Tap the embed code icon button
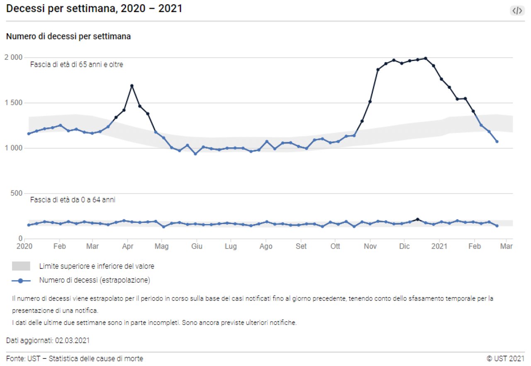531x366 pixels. [517, 11]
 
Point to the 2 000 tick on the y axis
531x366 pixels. [14, 57]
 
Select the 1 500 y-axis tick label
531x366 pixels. [14, 103]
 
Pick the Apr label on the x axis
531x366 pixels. [128, 246]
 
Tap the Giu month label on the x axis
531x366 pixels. [197, 246]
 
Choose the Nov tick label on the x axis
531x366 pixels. [370, 246]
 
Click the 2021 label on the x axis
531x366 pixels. [439, 246]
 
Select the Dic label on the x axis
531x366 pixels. [404, 246]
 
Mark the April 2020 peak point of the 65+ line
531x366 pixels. [132, 86]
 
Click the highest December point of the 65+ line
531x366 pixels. [426, 59]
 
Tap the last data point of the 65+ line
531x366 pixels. [497, 142]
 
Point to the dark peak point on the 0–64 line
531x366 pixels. [418, 219]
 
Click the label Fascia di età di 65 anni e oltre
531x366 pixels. [77, 65]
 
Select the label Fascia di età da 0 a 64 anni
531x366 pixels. [73, 200]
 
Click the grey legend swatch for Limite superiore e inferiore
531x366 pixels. [21, 266]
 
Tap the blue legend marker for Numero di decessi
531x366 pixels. [21, 281]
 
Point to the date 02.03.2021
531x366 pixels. [72, 341]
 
